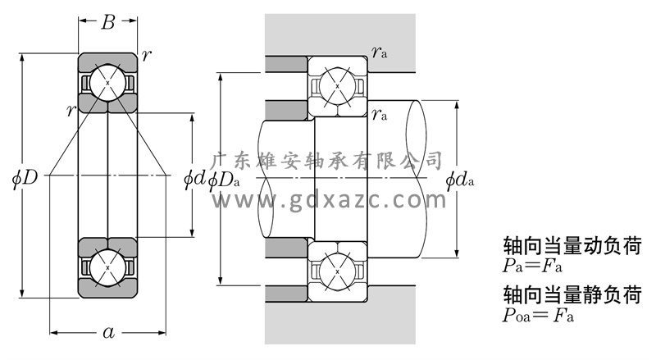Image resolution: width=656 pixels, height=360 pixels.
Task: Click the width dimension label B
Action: pyautogui.click(x=107, y=23)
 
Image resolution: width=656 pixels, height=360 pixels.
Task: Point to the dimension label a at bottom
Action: pyautogui.click(x=107, y=332)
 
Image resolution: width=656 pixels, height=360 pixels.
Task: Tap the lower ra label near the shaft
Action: pyautogui.click(x=379, y=114)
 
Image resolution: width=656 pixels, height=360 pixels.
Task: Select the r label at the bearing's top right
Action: pyautogui.click(x=146, y=55)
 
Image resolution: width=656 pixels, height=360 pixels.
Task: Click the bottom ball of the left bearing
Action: pyautogui.click(x=107, y=268)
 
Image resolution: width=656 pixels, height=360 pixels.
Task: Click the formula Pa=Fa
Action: pyautogui.click(x=537, y=266)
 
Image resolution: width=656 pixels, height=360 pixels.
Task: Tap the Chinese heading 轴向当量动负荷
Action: pyautogui.click(x=571, y=245)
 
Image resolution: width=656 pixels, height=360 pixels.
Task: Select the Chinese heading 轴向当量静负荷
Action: pyautogui.click(x=571, y=294)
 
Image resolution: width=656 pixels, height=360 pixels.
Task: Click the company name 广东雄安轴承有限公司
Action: pyautogui.click(x=328, y=161)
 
